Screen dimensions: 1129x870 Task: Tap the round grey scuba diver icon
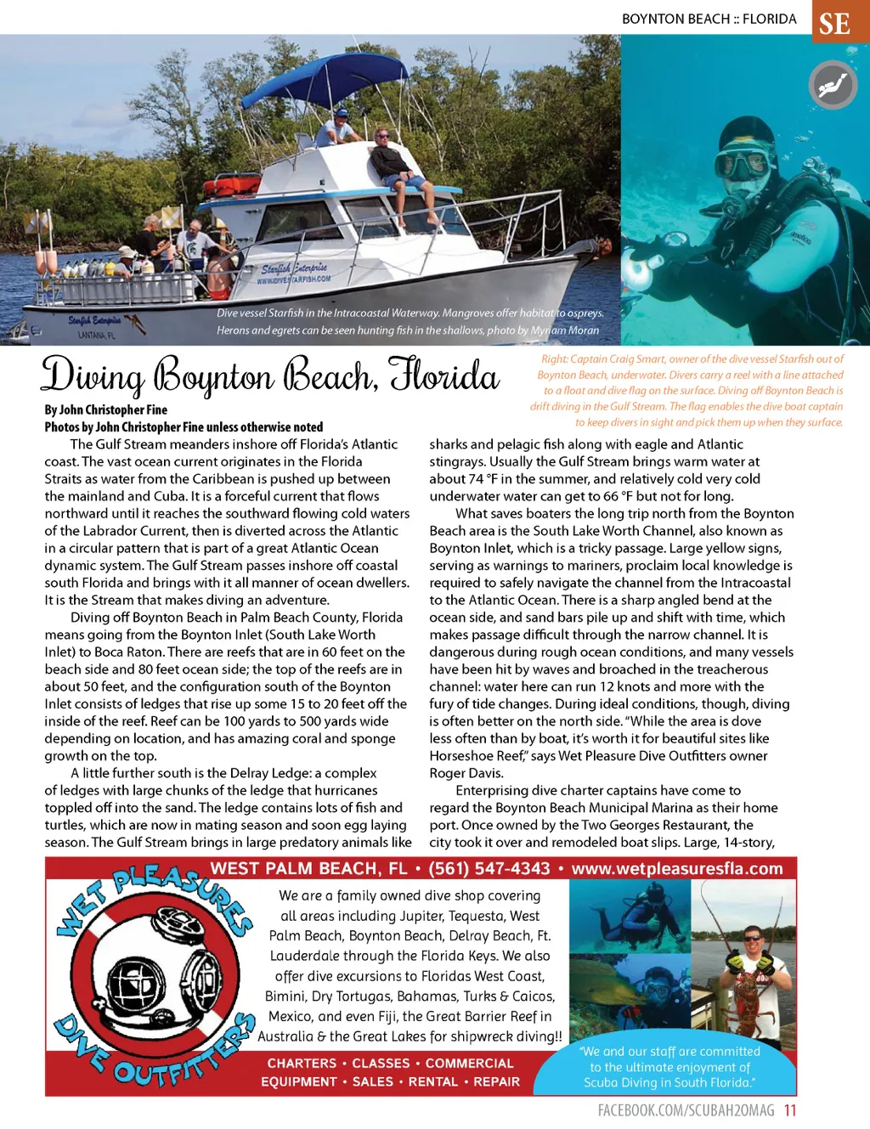[832, 86]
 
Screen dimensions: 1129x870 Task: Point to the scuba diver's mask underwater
[746, 162]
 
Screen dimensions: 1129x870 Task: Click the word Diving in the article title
[93, 376]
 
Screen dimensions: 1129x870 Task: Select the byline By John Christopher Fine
[106, 409]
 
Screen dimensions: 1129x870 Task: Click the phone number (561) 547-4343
[489, 869]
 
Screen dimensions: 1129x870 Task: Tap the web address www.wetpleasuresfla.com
[677, 869]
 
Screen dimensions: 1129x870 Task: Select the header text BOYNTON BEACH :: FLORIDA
[709, 19]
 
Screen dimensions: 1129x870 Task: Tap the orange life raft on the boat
[232, 184]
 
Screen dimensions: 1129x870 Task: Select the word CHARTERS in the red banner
[302, 1064]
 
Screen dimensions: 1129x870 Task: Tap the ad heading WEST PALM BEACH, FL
[309, 869]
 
